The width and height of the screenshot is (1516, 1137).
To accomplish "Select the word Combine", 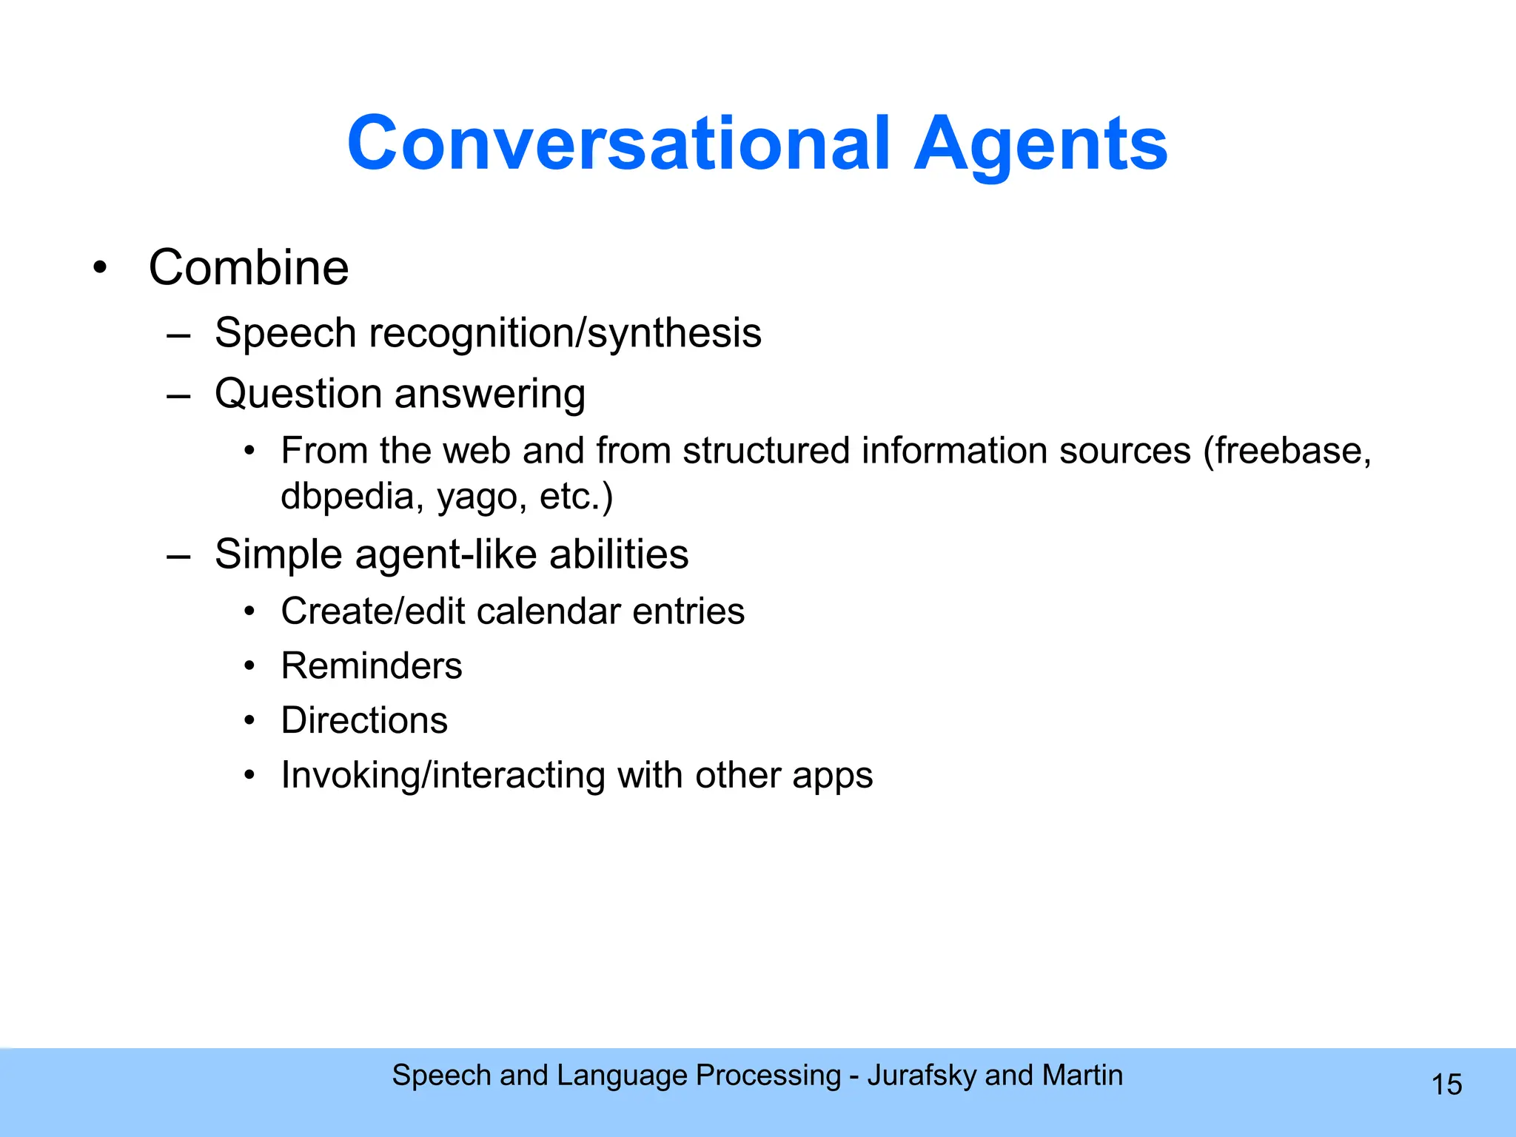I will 249,267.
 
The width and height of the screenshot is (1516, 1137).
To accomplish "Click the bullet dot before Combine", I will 101,267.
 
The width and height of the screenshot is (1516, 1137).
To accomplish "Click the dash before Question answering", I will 178,395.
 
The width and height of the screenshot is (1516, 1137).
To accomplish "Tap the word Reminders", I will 372,665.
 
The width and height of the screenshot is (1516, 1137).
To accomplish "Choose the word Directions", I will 364,720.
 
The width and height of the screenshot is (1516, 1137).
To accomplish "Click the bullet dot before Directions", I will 250,720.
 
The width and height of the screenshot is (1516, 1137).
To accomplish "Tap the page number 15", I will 1446,1084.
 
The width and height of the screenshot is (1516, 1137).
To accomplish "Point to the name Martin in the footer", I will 1082,1075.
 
